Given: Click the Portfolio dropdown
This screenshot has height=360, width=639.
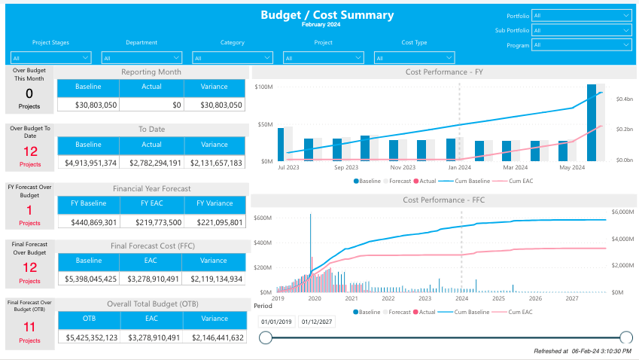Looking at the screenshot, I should pyautogui.click(x=581, y=15).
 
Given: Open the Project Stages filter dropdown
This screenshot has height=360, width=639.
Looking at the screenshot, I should pyautogui.click(x=51, y=57).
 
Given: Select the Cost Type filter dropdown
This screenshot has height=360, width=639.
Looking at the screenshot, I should pyautogui.click(x=415, y=57).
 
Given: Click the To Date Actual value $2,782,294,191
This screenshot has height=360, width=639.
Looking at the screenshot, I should pyautogui.click(x=151, y=163).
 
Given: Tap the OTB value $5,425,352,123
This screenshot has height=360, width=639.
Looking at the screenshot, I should pyautogui.click(x=88, y=338).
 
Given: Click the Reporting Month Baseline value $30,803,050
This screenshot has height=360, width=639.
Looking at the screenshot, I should pyautogui.click(x=88, y=105).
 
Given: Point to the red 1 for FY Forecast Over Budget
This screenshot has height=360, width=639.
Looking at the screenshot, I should pyautogui.click(x=29, y=210).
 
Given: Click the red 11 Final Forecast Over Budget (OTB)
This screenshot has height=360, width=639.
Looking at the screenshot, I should pyautogui.click(x=29, y=327).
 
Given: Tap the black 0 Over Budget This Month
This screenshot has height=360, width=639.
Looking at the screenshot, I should pyautogui.click(x=29, y=93).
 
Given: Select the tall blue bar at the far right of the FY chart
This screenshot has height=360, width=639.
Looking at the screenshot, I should pyautogui.click(x=592, y=122).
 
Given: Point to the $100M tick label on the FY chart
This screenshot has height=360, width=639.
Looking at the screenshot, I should pyautogui.click(x=264, y=87).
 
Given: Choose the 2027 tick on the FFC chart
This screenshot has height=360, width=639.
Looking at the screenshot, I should pyautogui.click(x=571, y=299).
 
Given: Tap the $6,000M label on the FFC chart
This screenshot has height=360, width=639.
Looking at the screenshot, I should pyautogui.click(x=625, y=212).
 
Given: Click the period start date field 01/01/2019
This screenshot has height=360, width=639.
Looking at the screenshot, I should pyautogui.click(x=275, y=322).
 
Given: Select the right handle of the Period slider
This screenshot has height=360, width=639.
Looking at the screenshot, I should pyautogui.click(x=625, y=337).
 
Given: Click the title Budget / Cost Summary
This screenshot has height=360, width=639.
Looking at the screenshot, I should pyautogui.click(x=327, y=15).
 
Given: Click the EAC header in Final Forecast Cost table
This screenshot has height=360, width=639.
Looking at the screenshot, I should pyautogui.click(x=151, y=261).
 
